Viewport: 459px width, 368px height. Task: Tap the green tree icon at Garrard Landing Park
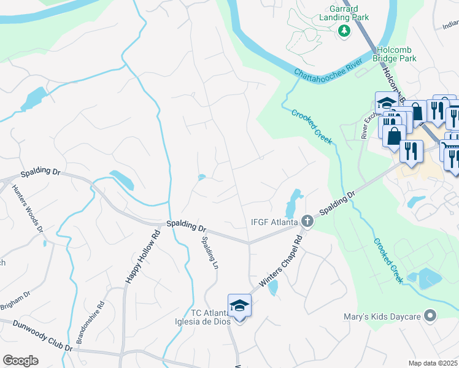point(344,31)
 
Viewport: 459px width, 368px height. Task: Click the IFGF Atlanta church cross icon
point(308,221)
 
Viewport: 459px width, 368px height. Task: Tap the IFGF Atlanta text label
point(274,221)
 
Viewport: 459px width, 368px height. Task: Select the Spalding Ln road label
point(209,253)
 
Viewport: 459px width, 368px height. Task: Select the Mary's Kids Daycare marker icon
point(430,316)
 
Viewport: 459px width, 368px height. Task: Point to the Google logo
point(20,361)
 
